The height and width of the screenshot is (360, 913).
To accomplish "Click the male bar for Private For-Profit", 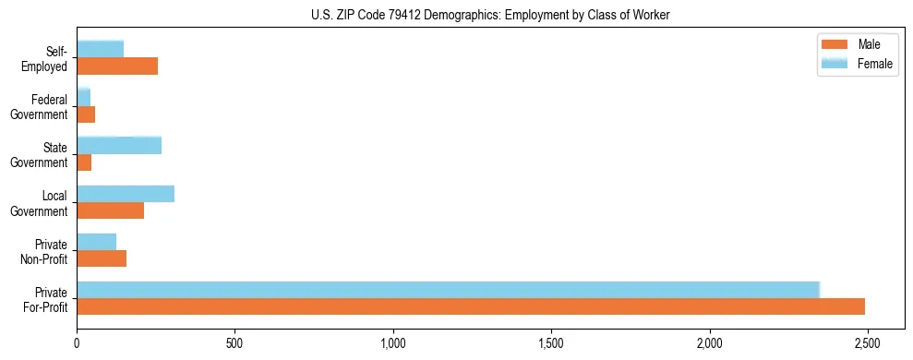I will click(471, 306).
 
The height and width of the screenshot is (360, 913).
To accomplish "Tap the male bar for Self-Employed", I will click(117, 66).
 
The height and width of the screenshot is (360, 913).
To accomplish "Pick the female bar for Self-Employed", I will click(100, 49).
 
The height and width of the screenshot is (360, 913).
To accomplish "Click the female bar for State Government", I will click(119, 145).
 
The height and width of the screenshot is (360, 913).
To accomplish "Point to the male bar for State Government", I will click(84, 162).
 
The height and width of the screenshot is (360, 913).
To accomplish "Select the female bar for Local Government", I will click(126, 194).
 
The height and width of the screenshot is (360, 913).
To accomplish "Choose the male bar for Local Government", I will click(110, 210).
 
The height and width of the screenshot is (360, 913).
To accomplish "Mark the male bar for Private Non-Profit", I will click(102, 258).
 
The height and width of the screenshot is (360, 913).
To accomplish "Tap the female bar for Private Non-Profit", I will click(96, 242).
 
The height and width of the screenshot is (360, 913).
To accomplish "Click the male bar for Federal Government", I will click(86, 114).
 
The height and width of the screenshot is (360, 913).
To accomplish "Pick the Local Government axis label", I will click(42, 203).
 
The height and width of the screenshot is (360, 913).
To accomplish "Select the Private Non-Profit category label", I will click(45, 251).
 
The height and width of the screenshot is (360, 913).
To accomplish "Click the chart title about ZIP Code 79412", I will click(490, 14).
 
